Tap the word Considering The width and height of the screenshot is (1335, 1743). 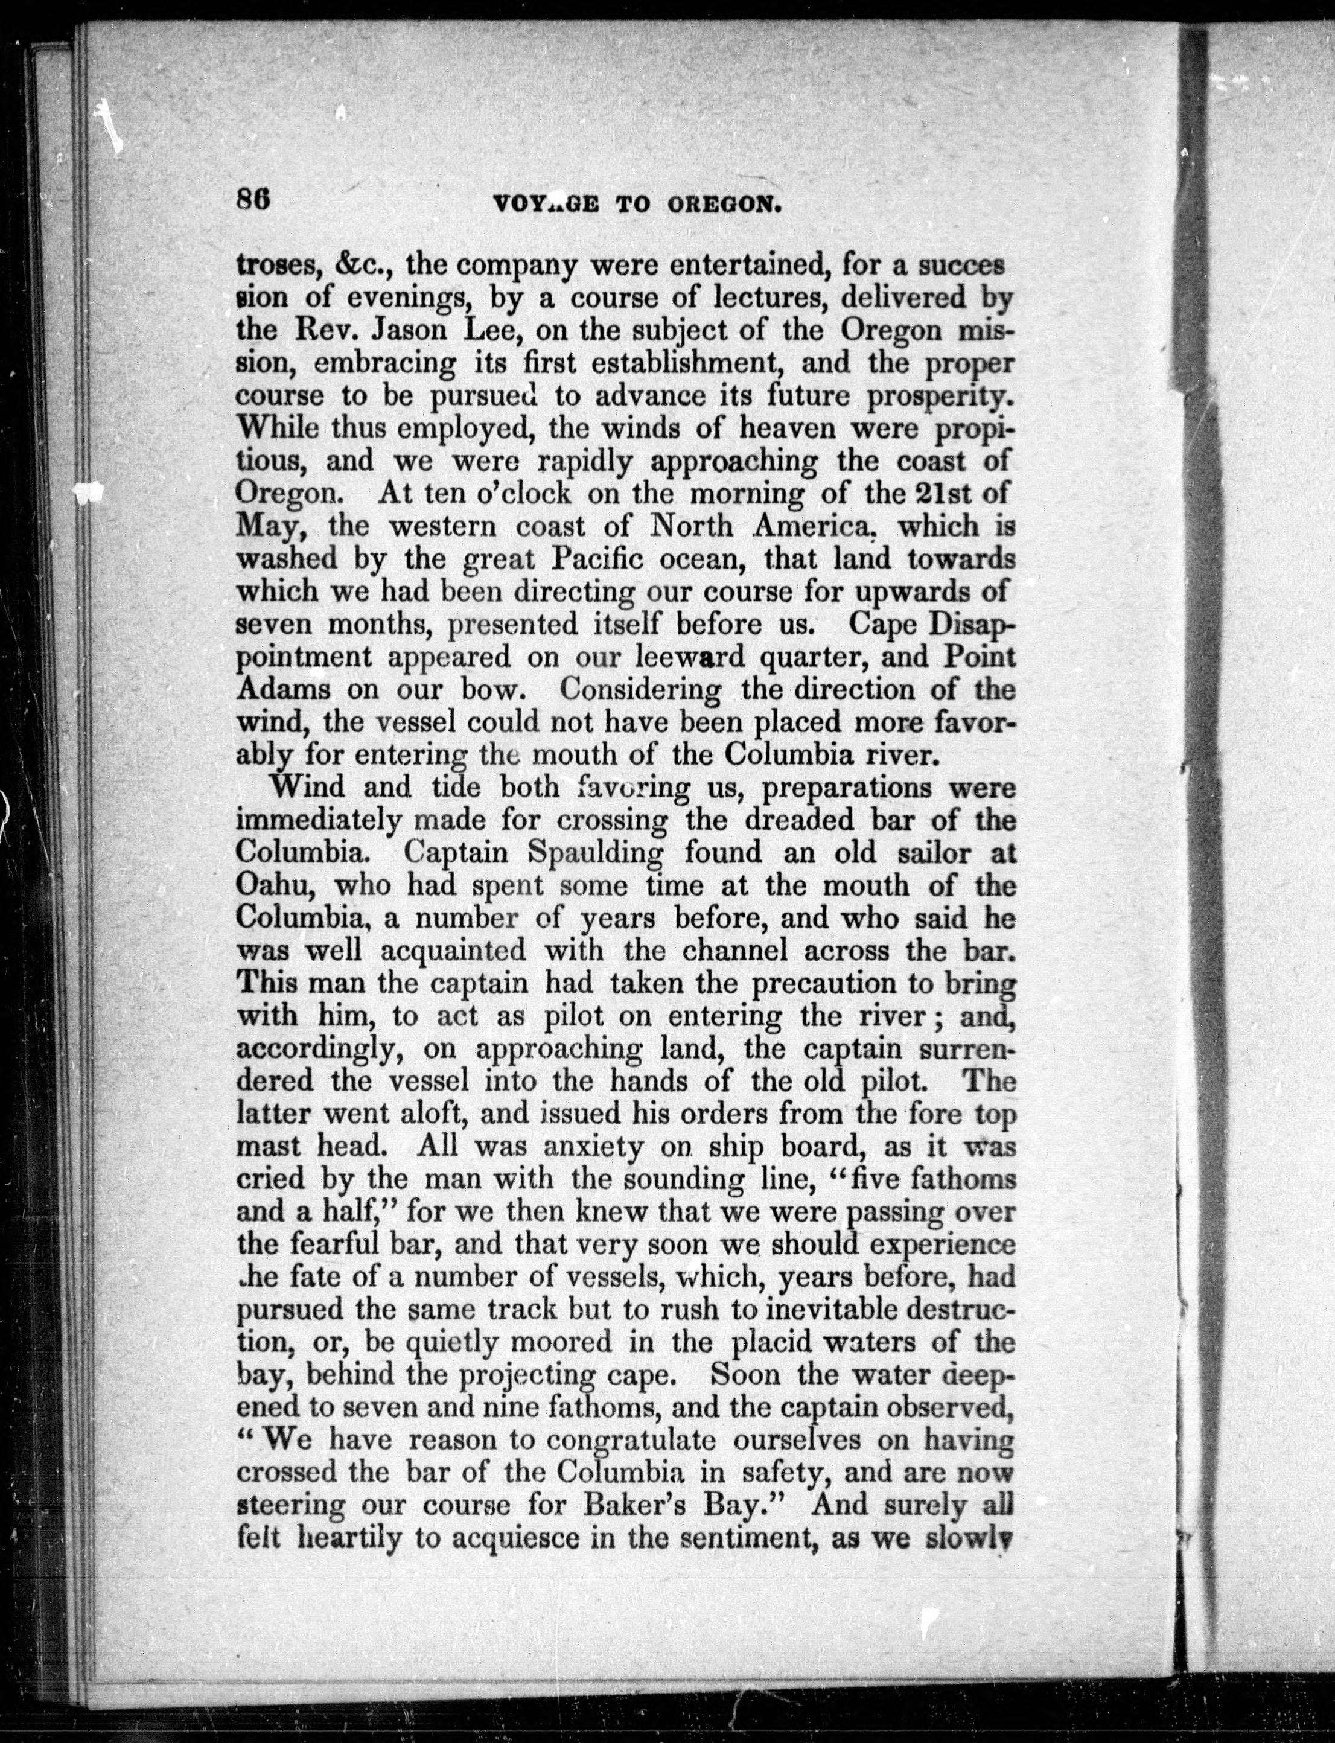(639, 689)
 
